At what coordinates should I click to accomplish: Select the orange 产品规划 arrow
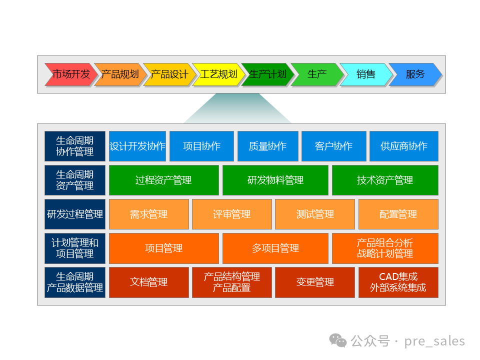coord(119,74)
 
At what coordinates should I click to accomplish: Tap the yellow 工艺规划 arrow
coord(218,74)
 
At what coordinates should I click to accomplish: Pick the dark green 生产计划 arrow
coord(267,74)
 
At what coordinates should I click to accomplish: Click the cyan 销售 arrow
coord(366,74)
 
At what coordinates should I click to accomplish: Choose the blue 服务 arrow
coord(415,74)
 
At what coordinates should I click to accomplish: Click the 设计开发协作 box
coord(137,146)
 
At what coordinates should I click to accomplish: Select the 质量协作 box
coord(267,146)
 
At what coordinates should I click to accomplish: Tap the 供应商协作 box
coord(403,146)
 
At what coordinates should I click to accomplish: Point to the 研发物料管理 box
coord(275,180)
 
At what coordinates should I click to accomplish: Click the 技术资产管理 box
coord(385,180)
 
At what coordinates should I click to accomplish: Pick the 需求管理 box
coord(149,214)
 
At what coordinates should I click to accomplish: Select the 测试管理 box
coord(315,214)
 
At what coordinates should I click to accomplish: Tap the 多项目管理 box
coord(275,248)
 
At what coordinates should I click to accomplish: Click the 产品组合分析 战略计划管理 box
coord(385,248)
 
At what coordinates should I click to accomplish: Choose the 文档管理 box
coord(149,282)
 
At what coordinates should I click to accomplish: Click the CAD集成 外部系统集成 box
coord(398,282)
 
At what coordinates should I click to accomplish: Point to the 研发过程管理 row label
coord(75,214)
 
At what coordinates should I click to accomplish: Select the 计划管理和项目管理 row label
coord(75,248)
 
